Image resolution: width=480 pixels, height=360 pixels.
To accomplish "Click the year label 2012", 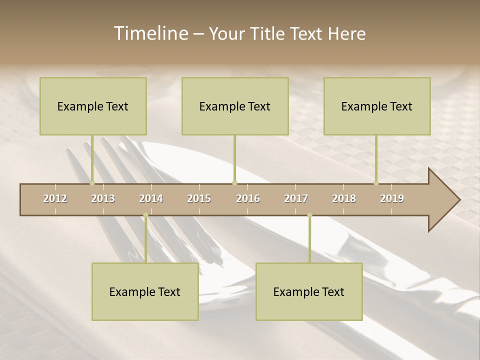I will point(55,198).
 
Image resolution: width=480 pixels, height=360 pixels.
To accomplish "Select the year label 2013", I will point(103,198).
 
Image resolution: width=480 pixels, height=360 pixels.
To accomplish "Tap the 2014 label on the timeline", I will point(151,198).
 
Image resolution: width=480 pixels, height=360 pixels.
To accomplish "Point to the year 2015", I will point(199,198).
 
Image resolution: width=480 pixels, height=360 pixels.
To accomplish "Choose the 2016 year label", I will point(248,198).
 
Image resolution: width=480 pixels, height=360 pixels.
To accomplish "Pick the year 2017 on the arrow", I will point(296,198).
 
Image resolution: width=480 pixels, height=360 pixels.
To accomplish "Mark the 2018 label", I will point(344,198).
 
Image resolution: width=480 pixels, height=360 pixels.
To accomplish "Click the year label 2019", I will point(392,198).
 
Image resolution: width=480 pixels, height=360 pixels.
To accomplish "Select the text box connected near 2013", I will point(93,106).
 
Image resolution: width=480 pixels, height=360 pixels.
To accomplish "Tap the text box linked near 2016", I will point(235,106).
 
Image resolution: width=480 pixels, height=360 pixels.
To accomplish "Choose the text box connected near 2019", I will point(377,106).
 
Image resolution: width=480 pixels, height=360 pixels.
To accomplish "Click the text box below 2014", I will point(145,292).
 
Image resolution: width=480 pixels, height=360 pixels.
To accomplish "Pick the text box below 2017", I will point(309,292).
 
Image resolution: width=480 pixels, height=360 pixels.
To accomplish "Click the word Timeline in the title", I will point(150,33).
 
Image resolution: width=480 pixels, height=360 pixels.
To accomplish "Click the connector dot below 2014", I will point(145,215).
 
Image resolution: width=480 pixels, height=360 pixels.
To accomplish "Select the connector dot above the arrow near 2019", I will point(376,183).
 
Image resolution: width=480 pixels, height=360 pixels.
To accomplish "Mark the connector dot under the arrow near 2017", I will point(309,215).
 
